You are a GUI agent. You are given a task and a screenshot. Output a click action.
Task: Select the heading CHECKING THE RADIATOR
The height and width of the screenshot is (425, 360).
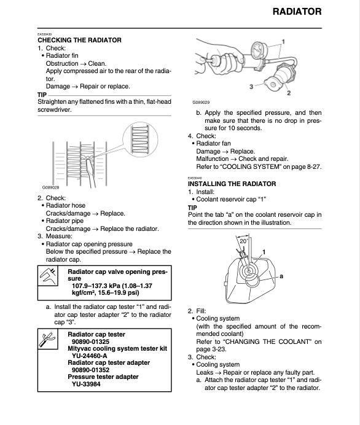point(79,40)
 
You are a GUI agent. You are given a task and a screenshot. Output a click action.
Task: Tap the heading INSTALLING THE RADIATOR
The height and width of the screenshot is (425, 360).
point(232,184)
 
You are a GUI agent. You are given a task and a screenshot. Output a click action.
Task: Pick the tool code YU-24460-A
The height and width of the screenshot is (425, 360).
point(90,356)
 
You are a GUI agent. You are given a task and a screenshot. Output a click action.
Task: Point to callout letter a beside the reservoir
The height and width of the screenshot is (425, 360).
point(281,276)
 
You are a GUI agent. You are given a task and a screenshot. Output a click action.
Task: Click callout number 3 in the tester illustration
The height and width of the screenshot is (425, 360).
point(251,87)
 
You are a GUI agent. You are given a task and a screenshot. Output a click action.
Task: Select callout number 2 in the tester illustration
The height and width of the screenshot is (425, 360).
point(289,93)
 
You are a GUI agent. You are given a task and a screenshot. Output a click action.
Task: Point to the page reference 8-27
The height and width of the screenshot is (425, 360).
point(313,166)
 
